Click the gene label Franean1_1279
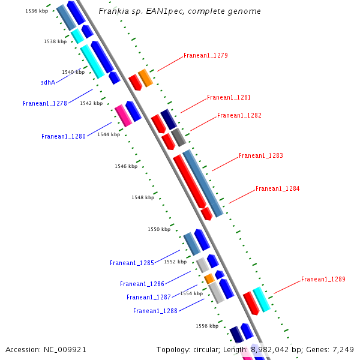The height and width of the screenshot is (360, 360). tap(205, 55)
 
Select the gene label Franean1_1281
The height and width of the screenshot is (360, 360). tap(229, 97)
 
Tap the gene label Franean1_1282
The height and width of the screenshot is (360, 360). tap(239, 115)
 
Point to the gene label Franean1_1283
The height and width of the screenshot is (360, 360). tap(260, 156)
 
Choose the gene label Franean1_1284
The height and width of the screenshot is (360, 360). tap(277, 188)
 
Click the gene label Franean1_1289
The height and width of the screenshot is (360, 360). tap(323, 279)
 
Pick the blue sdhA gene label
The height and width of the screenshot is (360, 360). tap(48, 83)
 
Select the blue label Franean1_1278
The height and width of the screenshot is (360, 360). tap(44, 103)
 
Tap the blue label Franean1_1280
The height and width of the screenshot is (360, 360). tap(63, 136)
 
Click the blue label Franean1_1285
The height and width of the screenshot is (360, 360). tap(131, 263)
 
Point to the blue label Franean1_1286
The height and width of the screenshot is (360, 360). tap(142, 284)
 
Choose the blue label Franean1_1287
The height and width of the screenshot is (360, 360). tap(148, 297)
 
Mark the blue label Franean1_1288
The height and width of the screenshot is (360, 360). tap(155, 311)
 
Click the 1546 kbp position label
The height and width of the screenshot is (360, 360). tap(125, 166)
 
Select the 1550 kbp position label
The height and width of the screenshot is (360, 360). tap(158, 229)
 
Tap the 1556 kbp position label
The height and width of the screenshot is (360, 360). tap(206, 326)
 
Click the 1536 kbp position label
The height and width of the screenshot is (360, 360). tap(36, 11)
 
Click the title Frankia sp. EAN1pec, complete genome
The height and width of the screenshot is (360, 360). tap(179, 11)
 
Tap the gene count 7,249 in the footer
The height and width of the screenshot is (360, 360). tap(343, 349)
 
